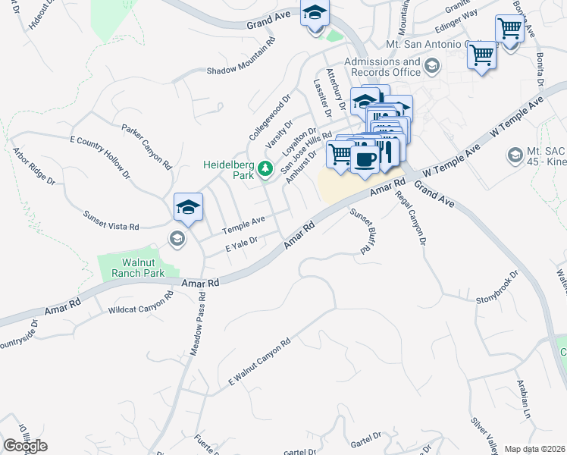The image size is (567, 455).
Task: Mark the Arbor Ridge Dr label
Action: pos(34,165)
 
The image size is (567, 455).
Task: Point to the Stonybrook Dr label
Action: pos(497,288)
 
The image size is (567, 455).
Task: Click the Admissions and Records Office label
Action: pos(382,67)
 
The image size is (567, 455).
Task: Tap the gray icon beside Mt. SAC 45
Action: pos(515,155)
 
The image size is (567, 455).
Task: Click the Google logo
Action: pos(25,446)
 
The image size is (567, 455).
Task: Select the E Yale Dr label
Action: pos(242,245)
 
